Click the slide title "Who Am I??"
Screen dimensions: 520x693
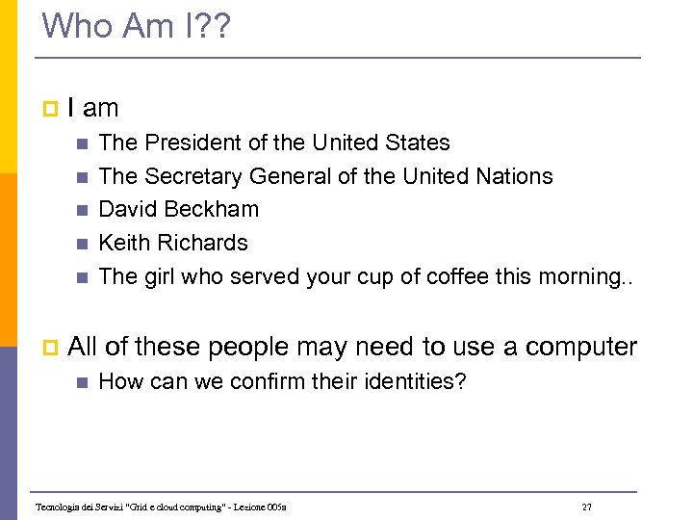click(137, 26)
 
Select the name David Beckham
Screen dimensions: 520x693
click(179, 210)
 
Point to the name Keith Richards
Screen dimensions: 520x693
click(173, 243)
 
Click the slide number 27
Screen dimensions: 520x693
click(586, 507)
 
